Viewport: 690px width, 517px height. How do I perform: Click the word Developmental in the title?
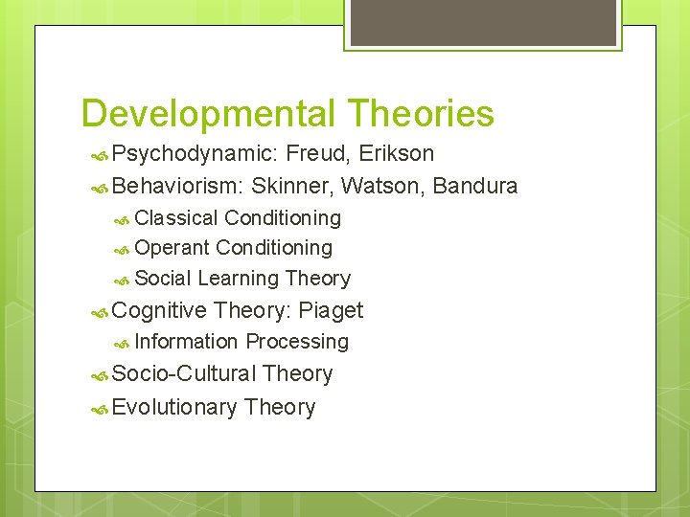pyautogui.click(x=206, y=114)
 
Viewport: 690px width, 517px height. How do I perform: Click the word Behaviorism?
pyautogui.click(x=177, y=186)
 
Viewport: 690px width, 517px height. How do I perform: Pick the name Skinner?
pyautogui.click(x=292, y=186)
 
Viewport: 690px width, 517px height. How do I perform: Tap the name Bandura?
pyautogui.click(x=475, y=186)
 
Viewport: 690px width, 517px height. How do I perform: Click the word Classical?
pyautogui.click(x=176, y=218)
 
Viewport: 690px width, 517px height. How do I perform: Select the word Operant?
pyautogui.click(x=172, y=248)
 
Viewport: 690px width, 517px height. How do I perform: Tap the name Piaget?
pyautogui.click(x=331, y=310)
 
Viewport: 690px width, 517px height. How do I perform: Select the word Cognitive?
pyautogui.click(x=159, y=310)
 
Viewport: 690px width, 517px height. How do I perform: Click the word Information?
pyautogui.click(x=186, y=342)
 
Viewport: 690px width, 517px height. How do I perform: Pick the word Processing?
pyautogui.click(x=297, y=342)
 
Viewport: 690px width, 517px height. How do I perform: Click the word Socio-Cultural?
pyautogui.click(x=184, y=374)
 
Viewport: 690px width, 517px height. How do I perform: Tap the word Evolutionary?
pyautogui.click(x=174, y=407)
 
